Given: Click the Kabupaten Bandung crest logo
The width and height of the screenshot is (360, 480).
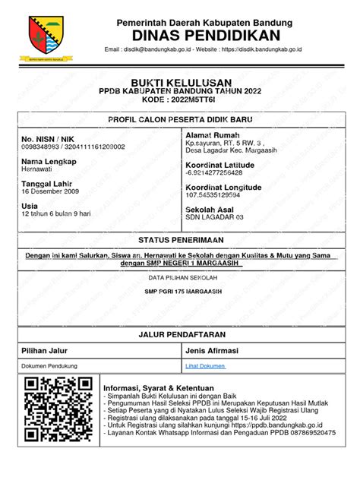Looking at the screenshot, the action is click(46, 36).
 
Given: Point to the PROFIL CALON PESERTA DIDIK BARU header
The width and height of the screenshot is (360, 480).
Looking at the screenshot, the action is click(180, 120).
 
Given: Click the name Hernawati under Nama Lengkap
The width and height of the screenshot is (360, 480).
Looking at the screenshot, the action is click(38, 170).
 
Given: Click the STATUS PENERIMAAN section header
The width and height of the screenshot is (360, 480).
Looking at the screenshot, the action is click(180, 239).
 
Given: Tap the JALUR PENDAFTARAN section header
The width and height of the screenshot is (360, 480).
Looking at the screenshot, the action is click(180, 334).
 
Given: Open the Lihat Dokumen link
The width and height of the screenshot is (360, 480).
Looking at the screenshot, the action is click(205, 366).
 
